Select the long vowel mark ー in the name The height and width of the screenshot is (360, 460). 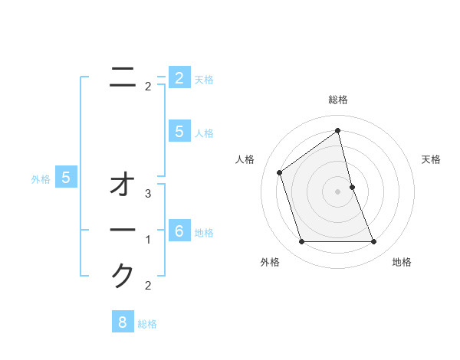123,231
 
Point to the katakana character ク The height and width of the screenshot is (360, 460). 123,275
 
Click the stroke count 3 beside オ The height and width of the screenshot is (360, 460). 148,194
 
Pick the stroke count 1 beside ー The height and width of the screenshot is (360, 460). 148,240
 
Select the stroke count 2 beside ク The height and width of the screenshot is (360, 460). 148,285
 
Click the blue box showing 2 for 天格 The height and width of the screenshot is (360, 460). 179,78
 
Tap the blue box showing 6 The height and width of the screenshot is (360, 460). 179,231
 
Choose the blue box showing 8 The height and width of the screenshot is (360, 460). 123,322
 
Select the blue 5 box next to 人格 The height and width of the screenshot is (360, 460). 179,132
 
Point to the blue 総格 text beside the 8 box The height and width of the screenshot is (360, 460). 147,324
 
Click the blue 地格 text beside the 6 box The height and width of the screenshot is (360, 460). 204,233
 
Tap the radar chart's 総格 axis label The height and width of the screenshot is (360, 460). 337,100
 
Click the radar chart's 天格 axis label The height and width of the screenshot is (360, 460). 432,159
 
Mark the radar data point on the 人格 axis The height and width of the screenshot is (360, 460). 279,172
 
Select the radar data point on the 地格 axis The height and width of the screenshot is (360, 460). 373,242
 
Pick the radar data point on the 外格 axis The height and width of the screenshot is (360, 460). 301,242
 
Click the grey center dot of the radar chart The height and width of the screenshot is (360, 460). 337,191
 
